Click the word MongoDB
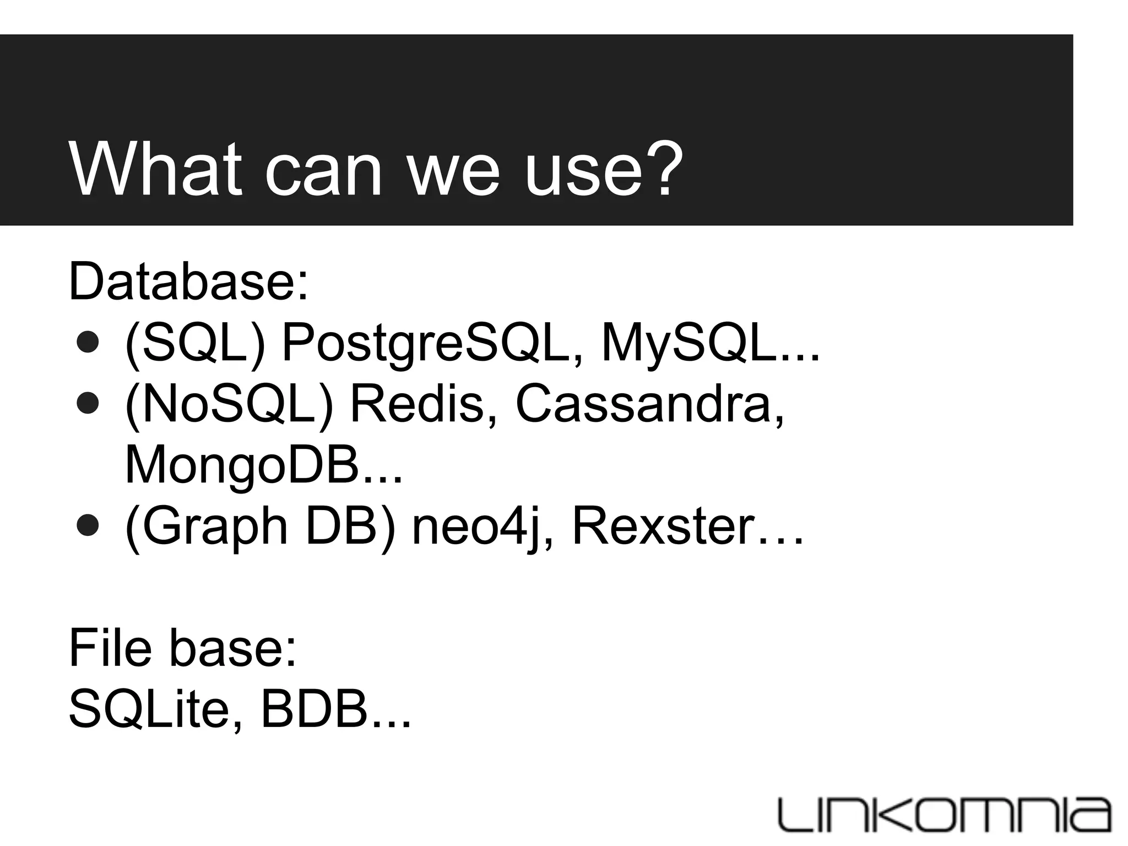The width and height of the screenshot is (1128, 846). [x=243, y=465]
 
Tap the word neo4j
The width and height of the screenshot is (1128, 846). [x=474, y=528]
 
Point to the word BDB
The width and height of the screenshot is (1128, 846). [x=313, y=709]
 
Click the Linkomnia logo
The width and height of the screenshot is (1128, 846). [x=945, y=814]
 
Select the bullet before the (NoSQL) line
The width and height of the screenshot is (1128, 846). [x=88, y=404]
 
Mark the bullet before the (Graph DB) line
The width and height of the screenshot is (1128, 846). [x=88, y=526]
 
